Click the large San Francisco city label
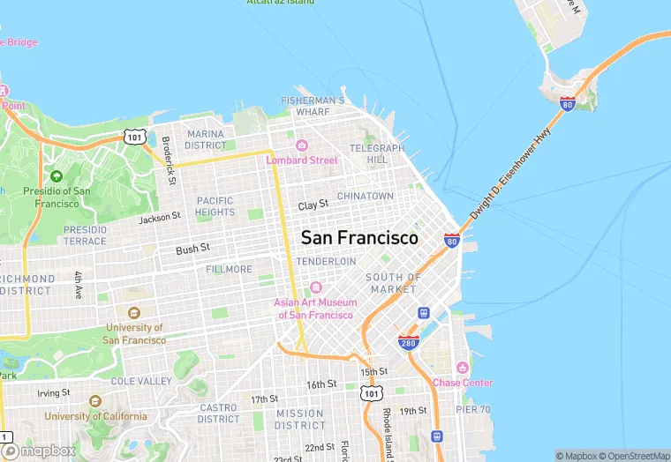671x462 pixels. pos(359,238)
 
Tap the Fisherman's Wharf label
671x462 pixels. pos(313,107)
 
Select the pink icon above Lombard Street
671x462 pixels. pos(302,145)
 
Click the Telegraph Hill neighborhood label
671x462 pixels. pos(377,154)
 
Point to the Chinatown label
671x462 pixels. pos(366,196)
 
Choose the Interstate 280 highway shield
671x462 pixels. pos(408,341)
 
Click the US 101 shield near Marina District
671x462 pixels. pos(134,137)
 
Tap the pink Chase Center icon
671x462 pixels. pos(462,368)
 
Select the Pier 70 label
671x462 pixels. pos(473,409)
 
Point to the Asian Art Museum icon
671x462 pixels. pos(315,288)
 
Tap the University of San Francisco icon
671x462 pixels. pos(133,313)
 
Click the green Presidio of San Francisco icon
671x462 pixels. pos(57,176)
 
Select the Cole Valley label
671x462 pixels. pos(142,381)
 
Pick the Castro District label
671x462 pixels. pos(218,413)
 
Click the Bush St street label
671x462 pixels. pos(192,250)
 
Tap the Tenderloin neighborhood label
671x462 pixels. pos(326,262)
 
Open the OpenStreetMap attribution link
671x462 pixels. pos(634,455)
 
